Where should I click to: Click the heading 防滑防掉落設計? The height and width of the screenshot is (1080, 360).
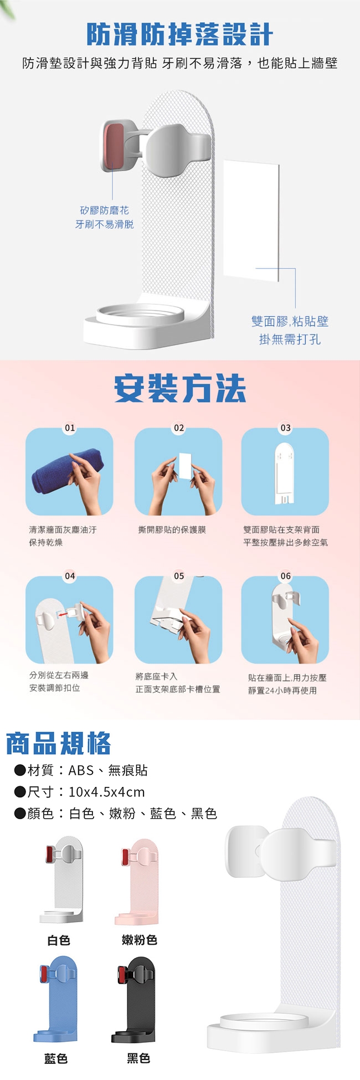click(x=180, y=34)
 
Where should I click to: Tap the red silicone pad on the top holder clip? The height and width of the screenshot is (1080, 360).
click(x=114, y=146)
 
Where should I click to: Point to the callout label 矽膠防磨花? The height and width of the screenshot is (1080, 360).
click(x=105, y=210)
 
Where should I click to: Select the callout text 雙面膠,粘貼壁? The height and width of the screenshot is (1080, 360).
click(x=290, y=321)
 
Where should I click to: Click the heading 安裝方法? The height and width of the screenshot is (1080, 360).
click(x=180, y=388)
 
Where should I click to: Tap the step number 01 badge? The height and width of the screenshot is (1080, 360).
click(x=70, y=428)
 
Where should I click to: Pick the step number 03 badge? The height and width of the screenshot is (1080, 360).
click(x=285, y=428)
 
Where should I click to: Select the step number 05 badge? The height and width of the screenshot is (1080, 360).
click(x=179, y=576)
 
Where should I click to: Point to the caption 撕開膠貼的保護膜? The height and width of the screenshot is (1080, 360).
click(x=172, y=530)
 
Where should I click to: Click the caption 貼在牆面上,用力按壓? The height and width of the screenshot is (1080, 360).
click(x=287, y=678)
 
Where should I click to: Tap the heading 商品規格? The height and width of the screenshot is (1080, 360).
click(x=58, y=743)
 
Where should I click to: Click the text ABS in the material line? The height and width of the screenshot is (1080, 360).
click(x=81, y=770)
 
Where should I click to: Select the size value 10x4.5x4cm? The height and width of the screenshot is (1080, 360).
click(x=106, y=792)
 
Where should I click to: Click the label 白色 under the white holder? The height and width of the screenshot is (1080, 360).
click(x=59, y=940)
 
